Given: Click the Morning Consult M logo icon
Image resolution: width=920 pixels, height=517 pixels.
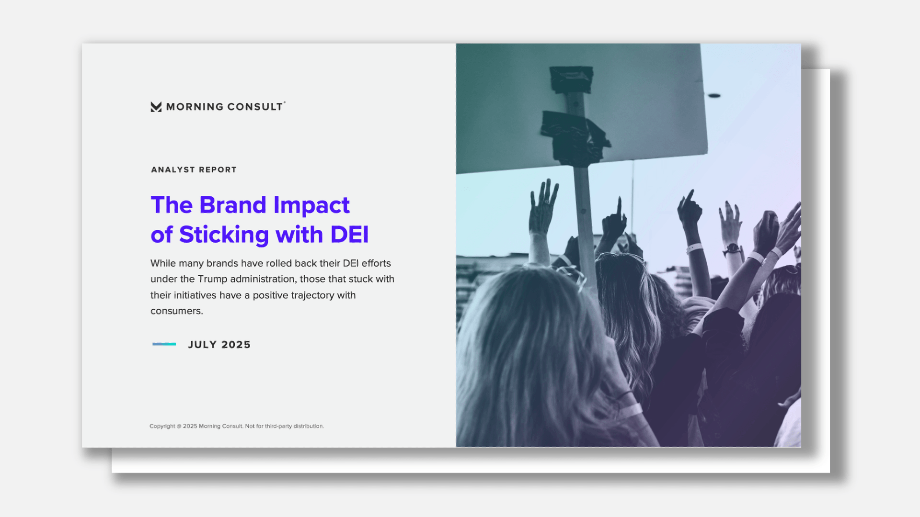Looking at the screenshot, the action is tap(156, 107).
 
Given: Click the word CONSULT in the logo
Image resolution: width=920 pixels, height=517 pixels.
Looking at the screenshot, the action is tap(255, 107).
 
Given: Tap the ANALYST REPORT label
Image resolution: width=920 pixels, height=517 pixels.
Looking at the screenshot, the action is tap(194, 170).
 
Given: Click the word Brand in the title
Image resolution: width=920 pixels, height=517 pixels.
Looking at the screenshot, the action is tap(233, 205).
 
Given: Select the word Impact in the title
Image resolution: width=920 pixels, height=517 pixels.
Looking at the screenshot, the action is tap(311, 206).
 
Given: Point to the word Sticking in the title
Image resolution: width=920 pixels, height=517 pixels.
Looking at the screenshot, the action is tap(224, 235).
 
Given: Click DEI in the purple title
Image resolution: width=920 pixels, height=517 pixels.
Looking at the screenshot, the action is tap(350, 235).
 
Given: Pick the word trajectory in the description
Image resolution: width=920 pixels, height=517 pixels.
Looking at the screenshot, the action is tap(312, 295).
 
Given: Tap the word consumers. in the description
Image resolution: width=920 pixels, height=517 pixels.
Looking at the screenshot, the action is tap(177, 311).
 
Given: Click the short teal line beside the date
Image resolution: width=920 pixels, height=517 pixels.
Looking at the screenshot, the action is tap(164, 344).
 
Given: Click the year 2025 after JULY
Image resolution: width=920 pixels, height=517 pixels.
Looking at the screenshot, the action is tap(236, 345).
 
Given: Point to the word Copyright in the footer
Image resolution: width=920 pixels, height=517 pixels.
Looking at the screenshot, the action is tap(162, 426).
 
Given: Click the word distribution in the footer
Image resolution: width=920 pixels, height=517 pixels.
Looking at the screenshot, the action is tap(308, 426).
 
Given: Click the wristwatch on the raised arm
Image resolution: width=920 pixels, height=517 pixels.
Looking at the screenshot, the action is tap(732, 249).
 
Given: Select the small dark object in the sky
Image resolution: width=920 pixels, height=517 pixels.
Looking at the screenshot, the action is tap(714, 96).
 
